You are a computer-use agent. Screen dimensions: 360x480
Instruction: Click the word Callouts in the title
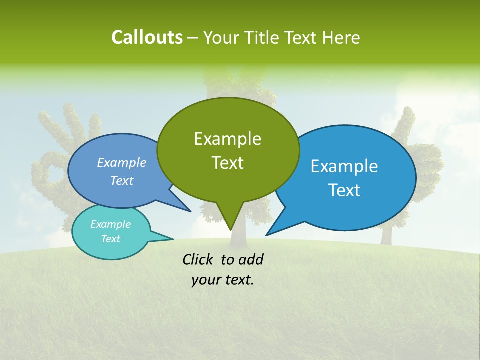pyautogui.click(x=147, y=37)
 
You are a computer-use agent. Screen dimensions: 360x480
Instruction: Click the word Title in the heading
pyautogui.click(x=264, y=38)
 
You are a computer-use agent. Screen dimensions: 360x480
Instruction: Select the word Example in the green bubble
pyautogui.click(x=227, y=139)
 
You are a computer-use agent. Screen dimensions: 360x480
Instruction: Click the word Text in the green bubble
pyautogui.click(x=227, y=163)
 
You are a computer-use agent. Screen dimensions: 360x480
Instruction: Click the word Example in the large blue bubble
pyautogui.click(x=344, y=166)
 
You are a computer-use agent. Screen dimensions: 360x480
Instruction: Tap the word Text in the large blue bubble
pyautogui.click(x=345, y=190)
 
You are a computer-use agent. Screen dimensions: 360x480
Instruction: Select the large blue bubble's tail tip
pyautogui.click(x=266, y=235)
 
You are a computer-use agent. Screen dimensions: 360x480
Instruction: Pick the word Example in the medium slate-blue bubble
pyautogui.click(x=122, y=162)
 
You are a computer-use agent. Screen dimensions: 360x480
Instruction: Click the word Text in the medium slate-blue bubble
pyautogui.click(x=122, y=180)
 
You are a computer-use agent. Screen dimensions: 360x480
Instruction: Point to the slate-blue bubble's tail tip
pyautogui.click(x=190, y=211)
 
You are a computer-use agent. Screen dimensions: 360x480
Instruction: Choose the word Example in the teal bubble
pyautogui.click(x=110, y=224)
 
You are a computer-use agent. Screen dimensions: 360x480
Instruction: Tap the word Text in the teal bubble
pyautogui.click(x=111, y=239)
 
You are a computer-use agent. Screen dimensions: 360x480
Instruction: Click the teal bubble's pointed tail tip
pyautogui.click(x=173, y=239)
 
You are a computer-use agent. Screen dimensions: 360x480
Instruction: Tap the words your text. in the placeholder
pyautogui.click(x=223, y=280)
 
